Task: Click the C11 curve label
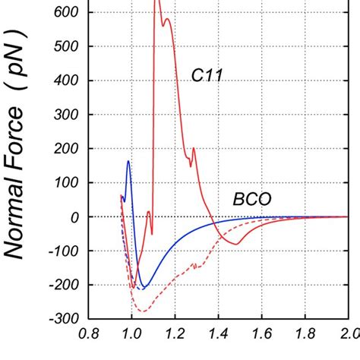(x=206, y=74)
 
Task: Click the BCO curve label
(x=251, y=200)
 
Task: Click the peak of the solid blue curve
(x=128, y=161)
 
